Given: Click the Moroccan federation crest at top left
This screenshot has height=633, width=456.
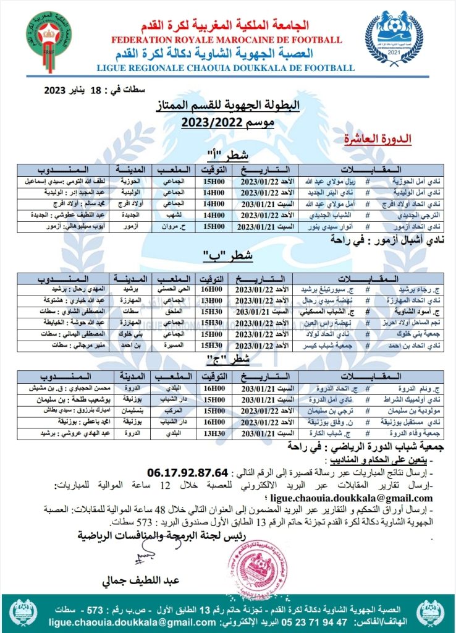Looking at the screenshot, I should tap(48, 38).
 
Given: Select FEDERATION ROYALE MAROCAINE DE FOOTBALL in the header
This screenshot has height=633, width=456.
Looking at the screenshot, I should tap(226, 40).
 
